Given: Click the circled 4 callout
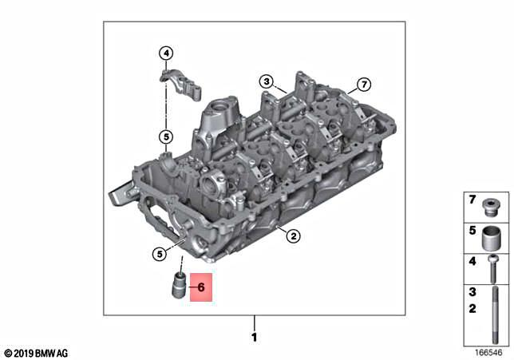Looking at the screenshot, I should tap(166, 54).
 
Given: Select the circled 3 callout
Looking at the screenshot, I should tap(266, 81).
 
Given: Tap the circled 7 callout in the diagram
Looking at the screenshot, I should tap(363, 84).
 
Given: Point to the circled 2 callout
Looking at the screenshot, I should tap(293, 235).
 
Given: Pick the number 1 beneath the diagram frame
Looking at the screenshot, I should tap(255, 338).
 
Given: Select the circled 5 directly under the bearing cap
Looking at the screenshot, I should tap(165, 137).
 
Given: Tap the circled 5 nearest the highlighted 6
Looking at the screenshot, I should tap(160, 254).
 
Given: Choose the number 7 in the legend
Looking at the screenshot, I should tap(472, 200).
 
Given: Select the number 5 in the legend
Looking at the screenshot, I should tap(472, 231).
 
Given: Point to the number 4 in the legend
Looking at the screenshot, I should tap(472, 262).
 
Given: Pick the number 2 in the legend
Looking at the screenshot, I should tap(472, 309).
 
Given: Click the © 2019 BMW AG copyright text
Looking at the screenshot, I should tap(37, 352).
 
